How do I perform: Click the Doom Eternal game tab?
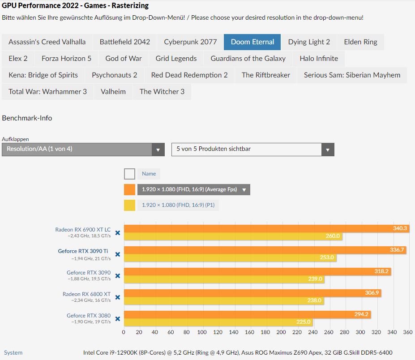point(252,42)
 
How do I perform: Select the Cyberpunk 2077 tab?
point(190,42)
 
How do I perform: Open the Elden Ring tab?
point(360,42)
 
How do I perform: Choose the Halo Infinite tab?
point(319,59)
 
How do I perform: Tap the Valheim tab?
point(113,92)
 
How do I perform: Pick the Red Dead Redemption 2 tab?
point(189,75)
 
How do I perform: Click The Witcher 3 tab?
point(162,92)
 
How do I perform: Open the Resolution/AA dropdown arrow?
point(158,150)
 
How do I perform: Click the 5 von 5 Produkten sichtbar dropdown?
point(252,149)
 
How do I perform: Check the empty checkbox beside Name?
point(129,174)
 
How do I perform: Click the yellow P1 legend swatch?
point(129,205)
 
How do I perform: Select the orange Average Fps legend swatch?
point(129,189)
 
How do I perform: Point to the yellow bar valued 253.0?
point(230,257)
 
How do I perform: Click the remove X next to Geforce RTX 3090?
point(118,276)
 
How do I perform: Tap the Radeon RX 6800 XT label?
point(86,294)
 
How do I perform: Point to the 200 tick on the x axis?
point(281,332)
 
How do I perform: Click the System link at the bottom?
point(13,353)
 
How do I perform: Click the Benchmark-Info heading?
point(27,118)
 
